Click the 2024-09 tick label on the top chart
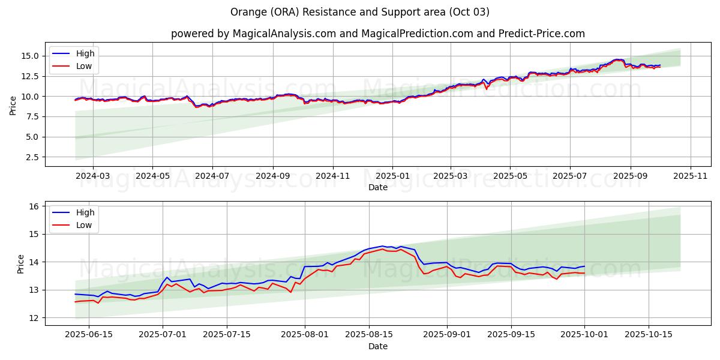point(273,176)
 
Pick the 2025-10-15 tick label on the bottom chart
point(648,335)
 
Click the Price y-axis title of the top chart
point(13,104)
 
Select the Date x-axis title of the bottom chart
point(378,346)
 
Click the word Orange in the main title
point(247,12)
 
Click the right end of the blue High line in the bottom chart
point(584,266)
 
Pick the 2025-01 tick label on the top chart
point(392,176)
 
